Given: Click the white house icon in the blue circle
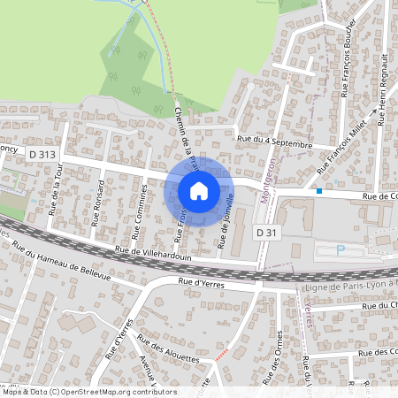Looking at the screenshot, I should pyautogui.click(x=198, y=191).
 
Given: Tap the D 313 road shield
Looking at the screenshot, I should pyautogui.click(x=42, y=154).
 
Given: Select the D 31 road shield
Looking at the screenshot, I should pyautogui.click(x=267, y=231).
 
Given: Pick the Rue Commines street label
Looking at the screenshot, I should pyautogui.click(x=140, y=211).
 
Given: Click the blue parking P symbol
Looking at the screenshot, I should pyautogui.click(x=341, y=250).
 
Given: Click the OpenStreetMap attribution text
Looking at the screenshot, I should pyautogui.click(x=89, y=391).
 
